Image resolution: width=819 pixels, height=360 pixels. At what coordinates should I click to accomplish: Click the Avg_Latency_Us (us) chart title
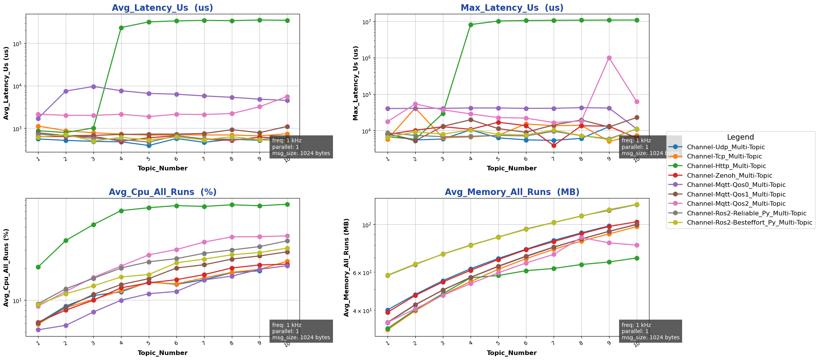[x=162, y=8]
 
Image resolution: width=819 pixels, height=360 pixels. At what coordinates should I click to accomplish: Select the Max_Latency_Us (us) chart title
[x=512, y=8]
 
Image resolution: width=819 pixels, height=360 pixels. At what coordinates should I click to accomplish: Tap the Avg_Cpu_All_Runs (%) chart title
[x=162, y=192]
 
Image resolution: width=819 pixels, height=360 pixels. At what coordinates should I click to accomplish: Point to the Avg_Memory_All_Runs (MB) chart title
[x=512, y=192]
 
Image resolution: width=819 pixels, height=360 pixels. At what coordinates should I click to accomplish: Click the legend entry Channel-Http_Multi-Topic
[x=726, y=166]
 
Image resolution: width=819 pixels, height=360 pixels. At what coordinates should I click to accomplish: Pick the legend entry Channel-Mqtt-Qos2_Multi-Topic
[x=736, y=204]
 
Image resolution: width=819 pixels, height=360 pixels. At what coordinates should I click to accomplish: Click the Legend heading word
[x=740, y=137]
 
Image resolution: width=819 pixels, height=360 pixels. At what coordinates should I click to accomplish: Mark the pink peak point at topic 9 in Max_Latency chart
[x=609, y=58]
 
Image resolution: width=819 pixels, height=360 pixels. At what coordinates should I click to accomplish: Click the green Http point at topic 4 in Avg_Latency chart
[x=121, y=28]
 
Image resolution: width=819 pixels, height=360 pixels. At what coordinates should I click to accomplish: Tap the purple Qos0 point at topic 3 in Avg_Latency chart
[x=93, y=87]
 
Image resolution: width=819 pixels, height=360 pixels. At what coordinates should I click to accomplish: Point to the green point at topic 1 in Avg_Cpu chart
[x=38, y=267]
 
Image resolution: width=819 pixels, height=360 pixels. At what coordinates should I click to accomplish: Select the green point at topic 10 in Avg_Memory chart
[x=637, y=258]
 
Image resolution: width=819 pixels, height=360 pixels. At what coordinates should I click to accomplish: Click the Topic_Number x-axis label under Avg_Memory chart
[x=511, y=353]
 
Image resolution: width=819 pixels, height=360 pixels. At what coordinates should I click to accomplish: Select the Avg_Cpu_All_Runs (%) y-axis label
[x=6, y=268]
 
